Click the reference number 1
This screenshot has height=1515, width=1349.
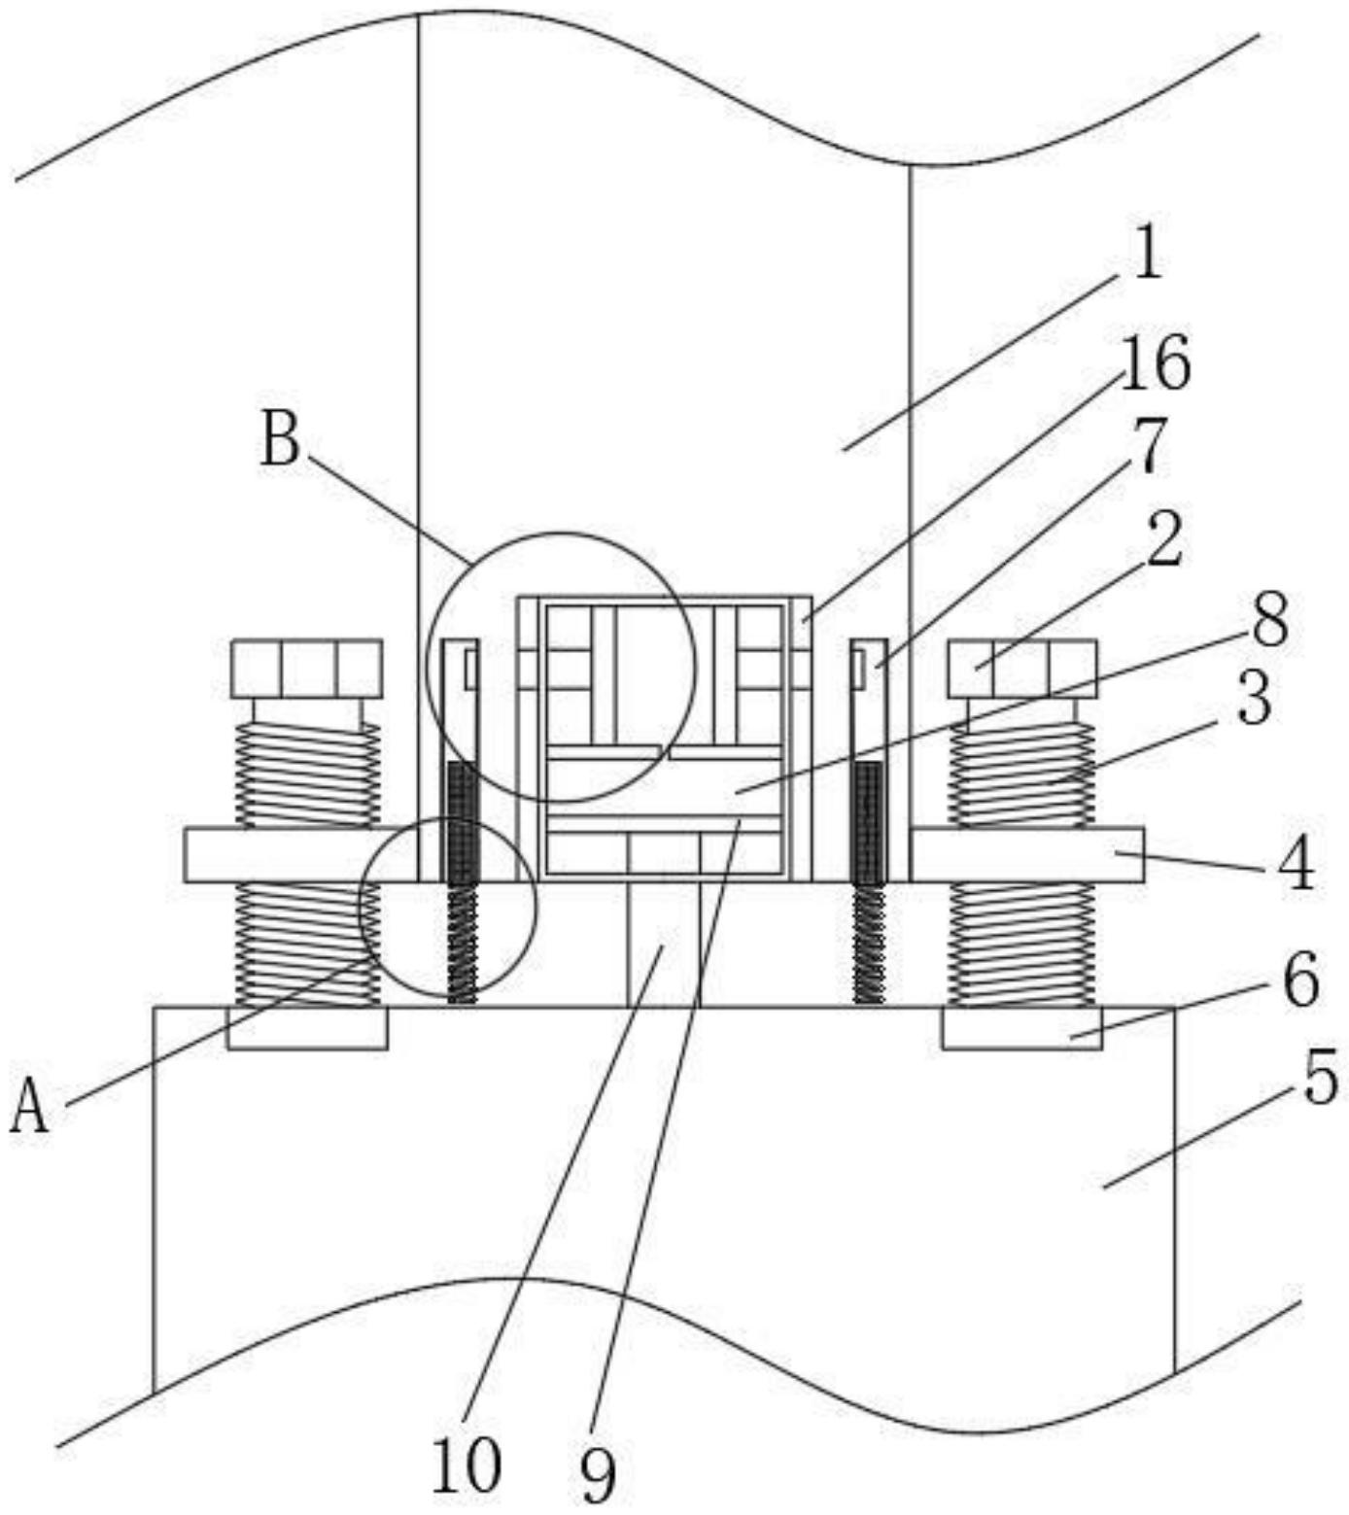click(x=1148, y=252)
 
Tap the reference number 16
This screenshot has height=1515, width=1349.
click(x=1156, y=362)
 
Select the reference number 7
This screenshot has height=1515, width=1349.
click(x=1149, y=446)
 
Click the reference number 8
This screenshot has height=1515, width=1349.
click(x=1269, y=619)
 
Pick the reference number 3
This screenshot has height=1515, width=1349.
click(x=1254, y=697)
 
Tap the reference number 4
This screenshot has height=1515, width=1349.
click(x=1296, y=863)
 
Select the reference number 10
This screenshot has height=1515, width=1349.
click(x=467, y=1464)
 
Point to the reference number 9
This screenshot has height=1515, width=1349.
click(x=598, y=1474)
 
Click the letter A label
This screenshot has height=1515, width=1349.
click(x=29, y=1108)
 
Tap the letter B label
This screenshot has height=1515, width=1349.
click(x=281, y=438)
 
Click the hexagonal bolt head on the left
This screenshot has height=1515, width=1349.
click(x=307, y=669)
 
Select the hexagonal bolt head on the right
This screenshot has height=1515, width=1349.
click(x=1022, y=669)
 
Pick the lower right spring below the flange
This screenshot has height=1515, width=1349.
click(x=1021, y=944)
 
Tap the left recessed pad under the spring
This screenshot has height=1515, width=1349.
click(x=307, y=1028)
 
